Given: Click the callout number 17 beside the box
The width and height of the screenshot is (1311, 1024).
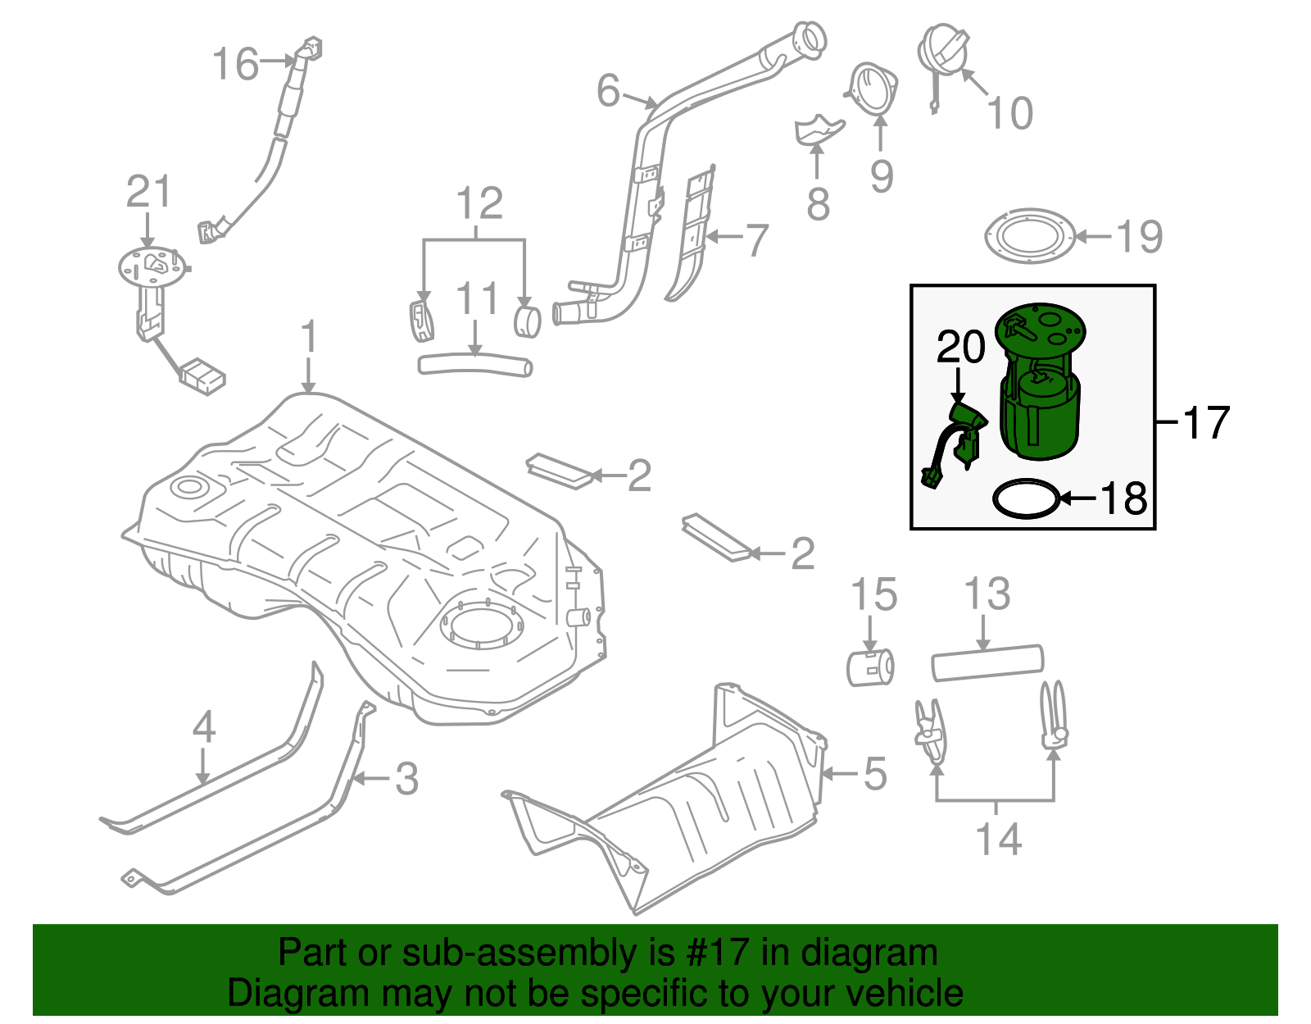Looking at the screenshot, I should tap(1206, 423).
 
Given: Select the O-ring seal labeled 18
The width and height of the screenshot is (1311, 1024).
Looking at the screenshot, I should tap(1025, 498).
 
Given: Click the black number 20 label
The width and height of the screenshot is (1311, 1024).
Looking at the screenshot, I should tap(960, 348).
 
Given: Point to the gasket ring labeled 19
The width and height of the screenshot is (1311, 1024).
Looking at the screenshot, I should tap(1030, 236).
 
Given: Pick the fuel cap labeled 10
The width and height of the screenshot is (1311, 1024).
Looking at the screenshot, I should tap(943, 49).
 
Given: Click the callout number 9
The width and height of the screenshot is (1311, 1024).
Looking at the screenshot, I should tap(882, 175).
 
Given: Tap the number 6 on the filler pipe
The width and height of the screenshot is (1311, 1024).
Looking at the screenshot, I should tap(608, 90).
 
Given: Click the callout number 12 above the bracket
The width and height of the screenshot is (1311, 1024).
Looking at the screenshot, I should tap(479, 203).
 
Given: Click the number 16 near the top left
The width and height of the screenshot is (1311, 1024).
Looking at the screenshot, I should tap(235, 63).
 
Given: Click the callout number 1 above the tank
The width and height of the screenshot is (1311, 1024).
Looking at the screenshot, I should tap(308, 337).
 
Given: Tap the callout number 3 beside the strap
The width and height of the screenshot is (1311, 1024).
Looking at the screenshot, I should tap(406, 779).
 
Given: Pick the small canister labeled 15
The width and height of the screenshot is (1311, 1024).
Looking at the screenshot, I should tap(869, 667).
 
